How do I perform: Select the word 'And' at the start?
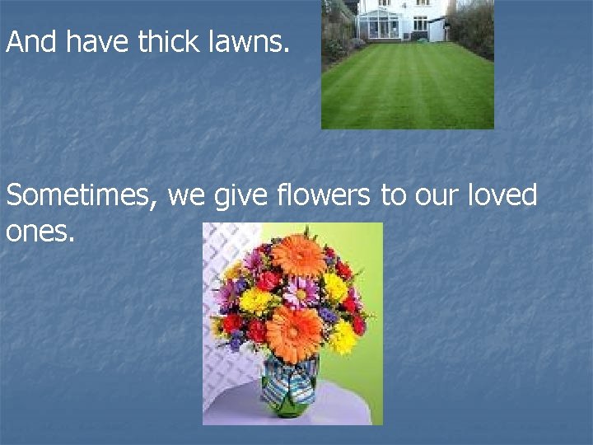tap(31, 41)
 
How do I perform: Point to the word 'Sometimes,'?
tap(82, 197)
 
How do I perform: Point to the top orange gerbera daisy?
tap(298, 255)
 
